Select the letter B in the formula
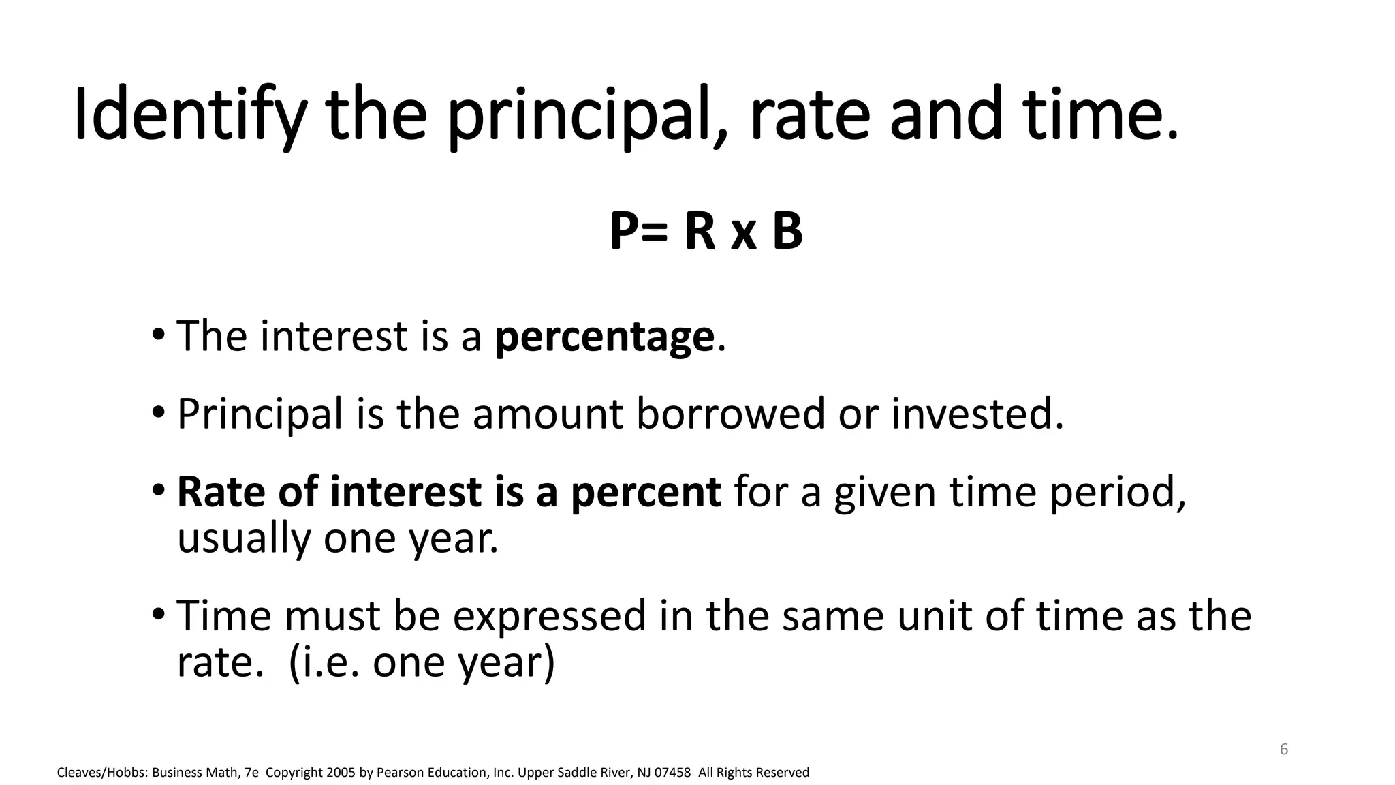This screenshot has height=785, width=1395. coord(787,232)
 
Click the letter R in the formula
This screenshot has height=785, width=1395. coord(700,232)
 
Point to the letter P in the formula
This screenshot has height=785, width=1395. coord(625,232)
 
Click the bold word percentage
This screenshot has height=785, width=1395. coord(604,337)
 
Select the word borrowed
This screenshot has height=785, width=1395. coord(730,414)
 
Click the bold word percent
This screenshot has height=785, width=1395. coord(646,492)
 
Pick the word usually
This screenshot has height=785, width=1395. coord(244,538)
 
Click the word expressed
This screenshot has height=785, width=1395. coord(549,616)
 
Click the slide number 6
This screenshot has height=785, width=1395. coord(1284,750)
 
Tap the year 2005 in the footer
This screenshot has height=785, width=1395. coord(341,773)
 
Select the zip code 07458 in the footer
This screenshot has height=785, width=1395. coord(672,773)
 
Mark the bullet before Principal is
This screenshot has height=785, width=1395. coord(158,412)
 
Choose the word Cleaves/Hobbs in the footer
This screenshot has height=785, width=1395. coord(101,773)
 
